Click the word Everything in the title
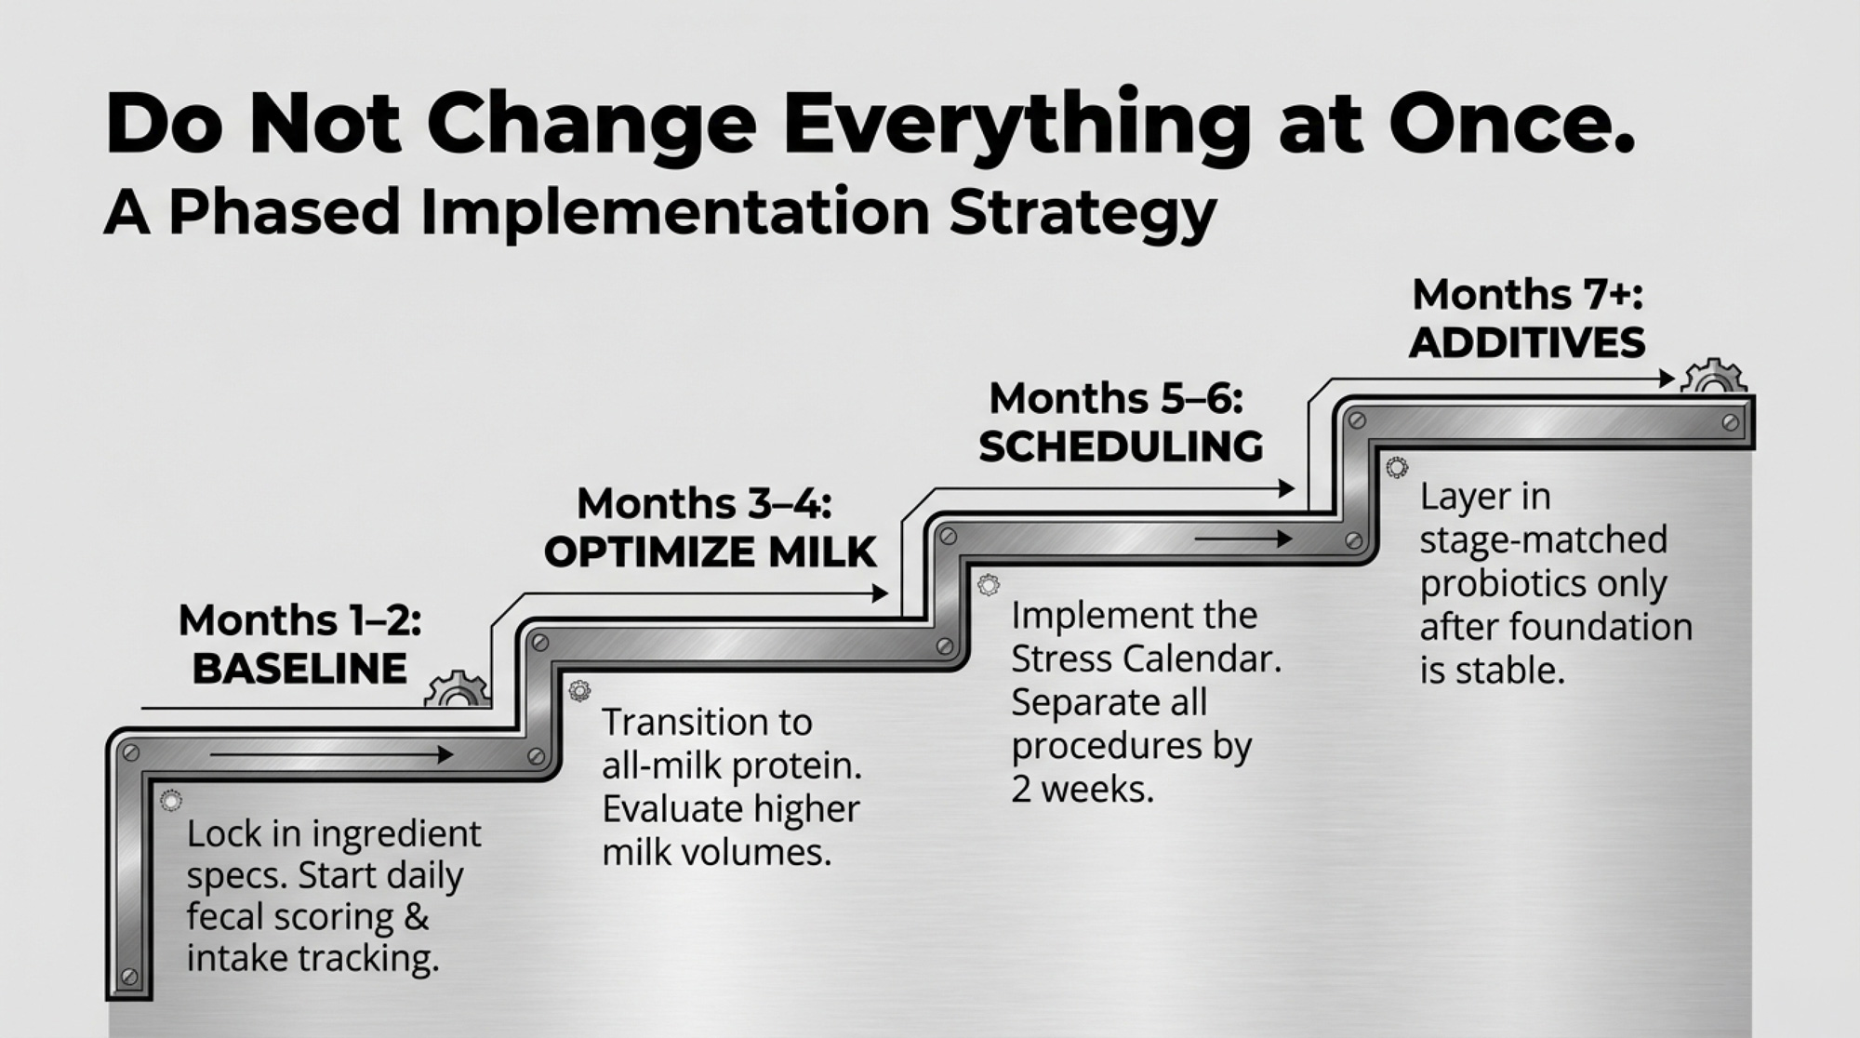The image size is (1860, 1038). coord(1016,126)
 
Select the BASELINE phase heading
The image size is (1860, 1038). coord(299,669)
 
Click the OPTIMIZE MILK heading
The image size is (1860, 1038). coord(711,552)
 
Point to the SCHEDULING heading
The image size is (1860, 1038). coord(1121,447)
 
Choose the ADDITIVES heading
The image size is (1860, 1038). coord(1527,343)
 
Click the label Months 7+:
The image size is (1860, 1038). coord(1527,295)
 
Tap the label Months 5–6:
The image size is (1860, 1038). coord(1116,399)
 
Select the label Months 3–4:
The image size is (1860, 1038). coord(704,504)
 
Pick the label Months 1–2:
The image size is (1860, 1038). coord(299,620)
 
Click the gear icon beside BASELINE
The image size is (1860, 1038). coord(457,689)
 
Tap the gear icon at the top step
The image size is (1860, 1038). coord(1713,377)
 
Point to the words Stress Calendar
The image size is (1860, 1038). coord(1146,659)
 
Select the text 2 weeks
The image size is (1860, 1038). coord(1083,790)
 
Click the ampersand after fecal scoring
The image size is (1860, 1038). coord(417,917)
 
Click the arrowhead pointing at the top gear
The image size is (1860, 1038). coord(1667,379)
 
